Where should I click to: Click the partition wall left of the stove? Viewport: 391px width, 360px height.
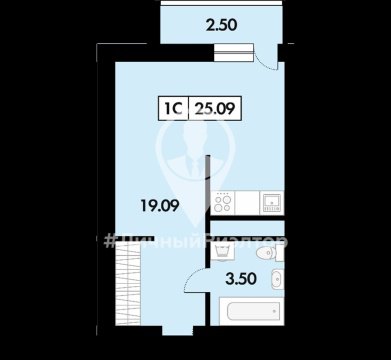click(x=207, y=190)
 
